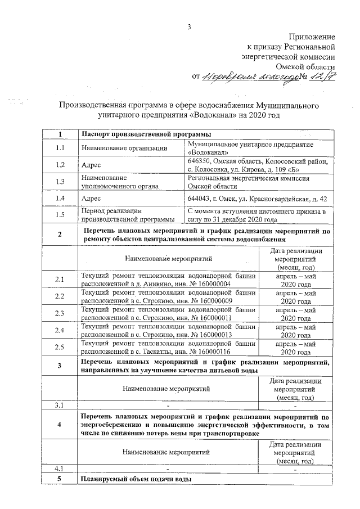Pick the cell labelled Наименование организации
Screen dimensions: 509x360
[124, 148]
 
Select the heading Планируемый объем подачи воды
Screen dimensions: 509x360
[136, 479]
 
